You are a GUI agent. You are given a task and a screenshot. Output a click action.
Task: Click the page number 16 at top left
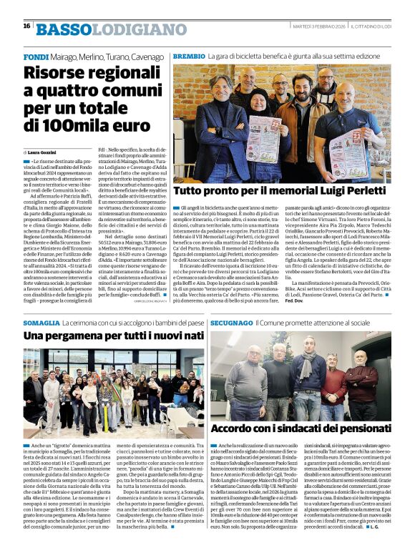[26, 26]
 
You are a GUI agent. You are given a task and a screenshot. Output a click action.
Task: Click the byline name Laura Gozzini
[42, 152]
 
